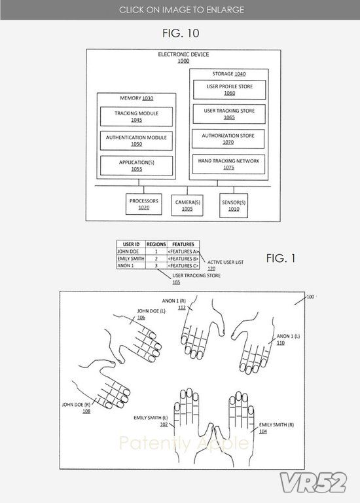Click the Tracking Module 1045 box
click(136, 117)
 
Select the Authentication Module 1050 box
click(136, 141)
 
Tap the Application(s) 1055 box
click(136, 166)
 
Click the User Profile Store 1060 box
click(230, 90)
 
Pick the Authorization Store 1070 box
click(228, 139)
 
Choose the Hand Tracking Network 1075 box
click(228, 164)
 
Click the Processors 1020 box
click(143, 204)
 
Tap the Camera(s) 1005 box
click(187, 205)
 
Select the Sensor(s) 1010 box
click(234, 206)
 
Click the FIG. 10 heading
click(181, 33)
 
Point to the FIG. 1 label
click(281, 258)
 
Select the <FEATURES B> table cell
click(183, 259)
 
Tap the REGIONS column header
click(156, 244)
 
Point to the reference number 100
click(310, 297)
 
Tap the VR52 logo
click(313, 483)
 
